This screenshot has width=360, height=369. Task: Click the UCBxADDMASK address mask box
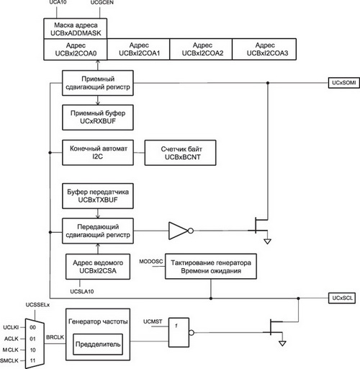tap(76, 29)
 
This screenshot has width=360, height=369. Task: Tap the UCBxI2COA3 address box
tap(264, 49)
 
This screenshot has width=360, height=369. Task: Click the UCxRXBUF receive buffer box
tap(98, 117)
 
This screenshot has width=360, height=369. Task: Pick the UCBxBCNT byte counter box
tap(180, 153)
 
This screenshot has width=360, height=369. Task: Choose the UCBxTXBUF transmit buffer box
tap(98, 196)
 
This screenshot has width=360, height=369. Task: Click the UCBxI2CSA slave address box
tap(98, 267)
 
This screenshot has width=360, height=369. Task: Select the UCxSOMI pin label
tap(344, 83)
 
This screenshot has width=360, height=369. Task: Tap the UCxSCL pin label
tap(342, 298)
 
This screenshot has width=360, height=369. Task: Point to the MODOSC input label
tap(151, 262)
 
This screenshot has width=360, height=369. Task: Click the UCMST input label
tap(153, 321)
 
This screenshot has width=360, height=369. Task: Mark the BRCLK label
tap(55, 337)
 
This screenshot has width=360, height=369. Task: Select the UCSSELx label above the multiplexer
tap(37, 305)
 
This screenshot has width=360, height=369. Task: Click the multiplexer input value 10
tap(32, 350)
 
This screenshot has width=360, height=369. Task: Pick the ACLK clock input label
tap(12, 339)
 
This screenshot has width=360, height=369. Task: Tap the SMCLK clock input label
tap(9, 360)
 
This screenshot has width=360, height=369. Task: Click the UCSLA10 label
tap(82, 291)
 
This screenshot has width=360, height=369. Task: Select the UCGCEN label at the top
tap(102, 2)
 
